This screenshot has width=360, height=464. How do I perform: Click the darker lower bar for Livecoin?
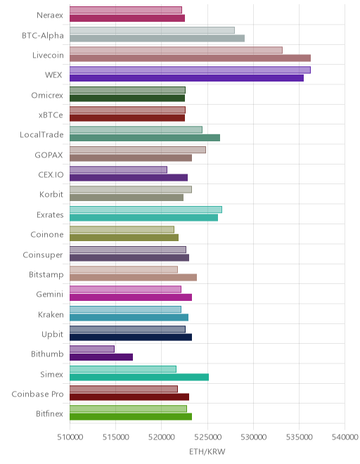[190, 58]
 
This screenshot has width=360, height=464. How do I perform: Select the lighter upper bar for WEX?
[190, 70]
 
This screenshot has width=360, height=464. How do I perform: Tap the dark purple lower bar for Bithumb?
[101, 357]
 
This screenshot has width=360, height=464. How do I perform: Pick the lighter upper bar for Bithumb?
[92, 349]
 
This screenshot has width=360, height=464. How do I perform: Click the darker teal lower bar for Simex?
[139, 377]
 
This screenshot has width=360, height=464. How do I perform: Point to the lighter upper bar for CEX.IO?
[118, 169]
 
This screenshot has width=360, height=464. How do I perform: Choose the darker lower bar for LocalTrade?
[145, 138]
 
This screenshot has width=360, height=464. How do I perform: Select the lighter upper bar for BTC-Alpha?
[152, 30]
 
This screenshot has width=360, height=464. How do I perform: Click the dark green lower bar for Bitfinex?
[131, 417]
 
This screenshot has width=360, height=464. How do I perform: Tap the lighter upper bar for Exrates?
[146, 210]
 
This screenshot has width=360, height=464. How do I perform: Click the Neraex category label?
[50, 15]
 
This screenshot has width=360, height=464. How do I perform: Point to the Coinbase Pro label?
[37, 394]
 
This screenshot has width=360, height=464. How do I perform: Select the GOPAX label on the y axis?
[49, 155]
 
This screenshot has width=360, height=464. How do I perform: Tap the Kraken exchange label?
[51, 314]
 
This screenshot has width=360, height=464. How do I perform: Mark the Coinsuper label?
[43, 254]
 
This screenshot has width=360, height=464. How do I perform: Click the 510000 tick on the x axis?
[70, 437]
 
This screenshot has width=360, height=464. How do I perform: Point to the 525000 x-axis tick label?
[207, 437]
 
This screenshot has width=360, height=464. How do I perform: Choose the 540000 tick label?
[345, 437]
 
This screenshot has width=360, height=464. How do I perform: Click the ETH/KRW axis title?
[207, 452]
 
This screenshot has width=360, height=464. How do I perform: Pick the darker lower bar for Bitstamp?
[133, 277]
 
